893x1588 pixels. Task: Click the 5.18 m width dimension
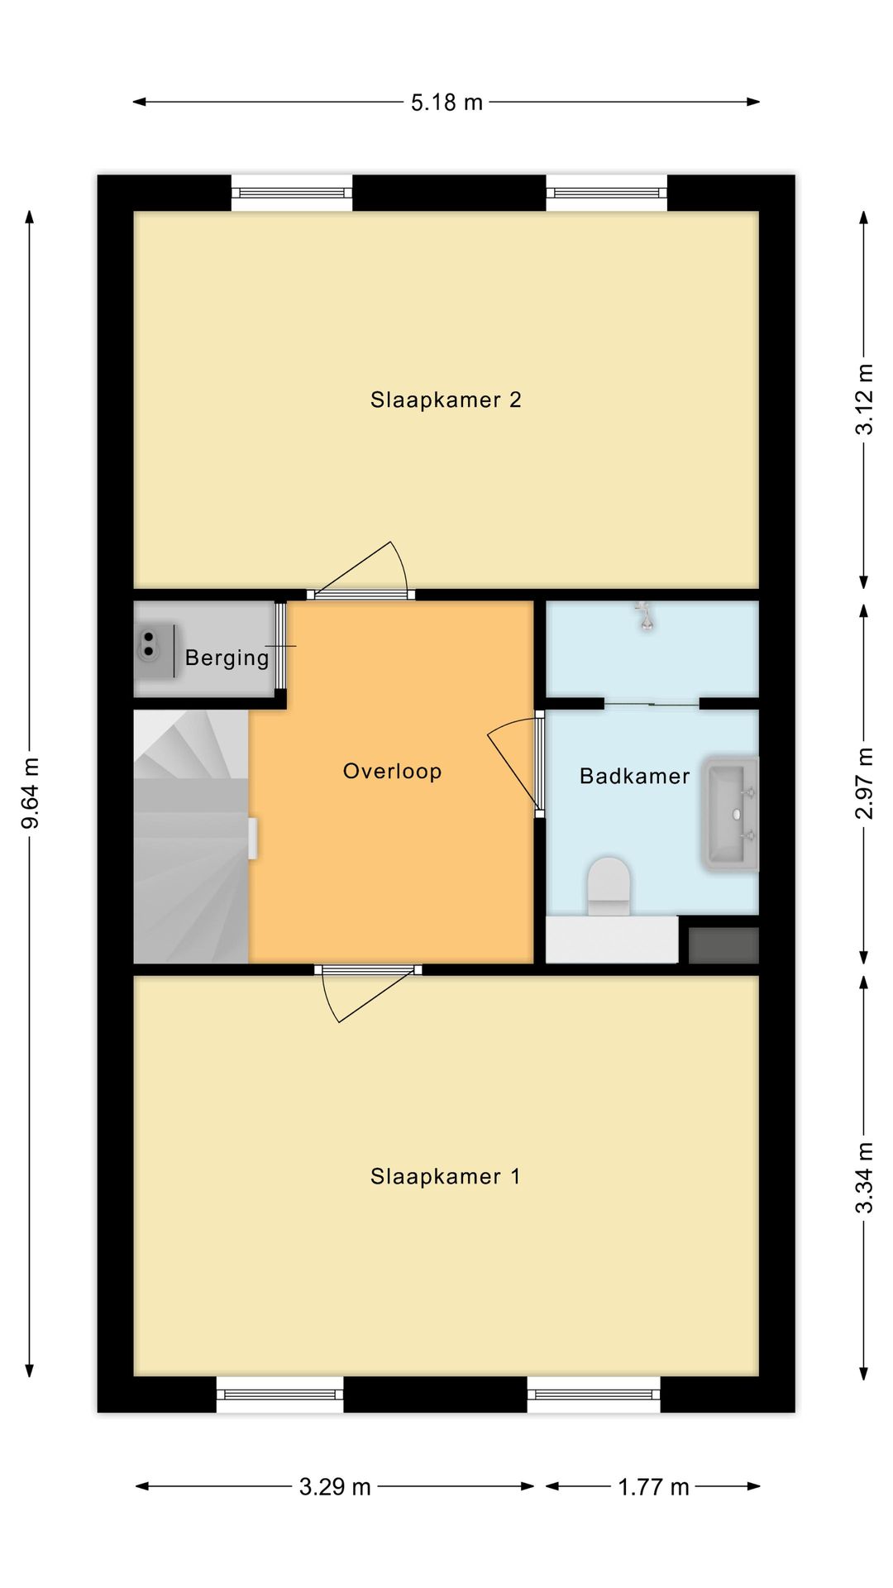tap(446, 103)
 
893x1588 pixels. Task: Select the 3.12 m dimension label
tap(864, 399)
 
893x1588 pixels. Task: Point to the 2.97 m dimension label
tap(864, 783)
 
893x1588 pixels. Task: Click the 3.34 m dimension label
tap(864, 1178)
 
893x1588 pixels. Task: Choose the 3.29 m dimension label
tap(335, 1487)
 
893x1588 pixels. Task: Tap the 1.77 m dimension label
tap(653, 1487)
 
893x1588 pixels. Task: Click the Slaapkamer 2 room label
tap(446, 400)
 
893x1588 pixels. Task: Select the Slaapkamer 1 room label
tap(446, 1177)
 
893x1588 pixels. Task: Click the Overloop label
tap(393, 772)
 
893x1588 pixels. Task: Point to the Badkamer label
tap(634, 777)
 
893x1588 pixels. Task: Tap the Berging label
tap(227, 658)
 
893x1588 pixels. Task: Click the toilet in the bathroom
tap(609, 885)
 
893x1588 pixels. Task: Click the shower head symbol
tap(645, 617)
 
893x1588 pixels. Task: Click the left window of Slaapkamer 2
tap(292, 194)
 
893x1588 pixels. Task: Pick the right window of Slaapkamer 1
tap(594, 1394)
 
